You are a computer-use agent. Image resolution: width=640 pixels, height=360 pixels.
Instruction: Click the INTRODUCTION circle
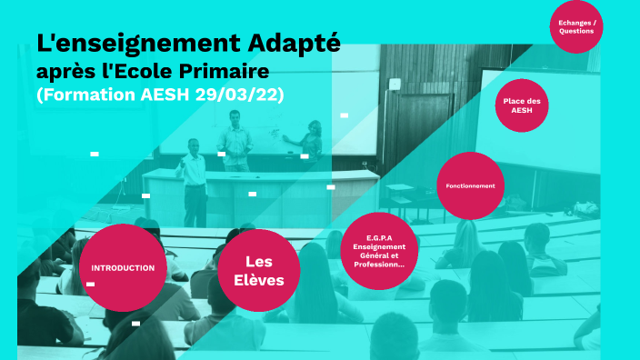(x=123, y=268)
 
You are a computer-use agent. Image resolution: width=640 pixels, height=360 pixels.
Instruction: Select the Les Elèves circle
(x=259, y=270)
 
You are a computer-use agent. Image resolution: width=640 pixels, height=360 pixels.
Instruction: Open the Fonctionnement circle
(x=470, y=185)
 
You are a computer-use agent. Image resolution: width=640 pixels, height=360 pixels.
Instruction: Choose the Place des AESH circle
(x=522, y=105)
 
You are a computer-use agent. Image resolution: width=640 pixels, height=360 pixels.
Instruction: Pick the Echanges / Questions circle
(x=577, y=26)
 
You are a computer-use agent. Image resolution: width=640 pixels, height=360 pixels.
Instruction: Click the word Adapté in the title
(x=295, y=43)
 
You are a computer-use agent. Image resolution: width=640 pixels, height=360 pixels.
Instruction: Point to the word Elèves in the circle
(x=259, y=280)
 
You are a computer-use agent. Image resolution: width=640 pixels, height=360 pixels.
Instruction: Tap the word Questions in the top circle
(x=577, y=31)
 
